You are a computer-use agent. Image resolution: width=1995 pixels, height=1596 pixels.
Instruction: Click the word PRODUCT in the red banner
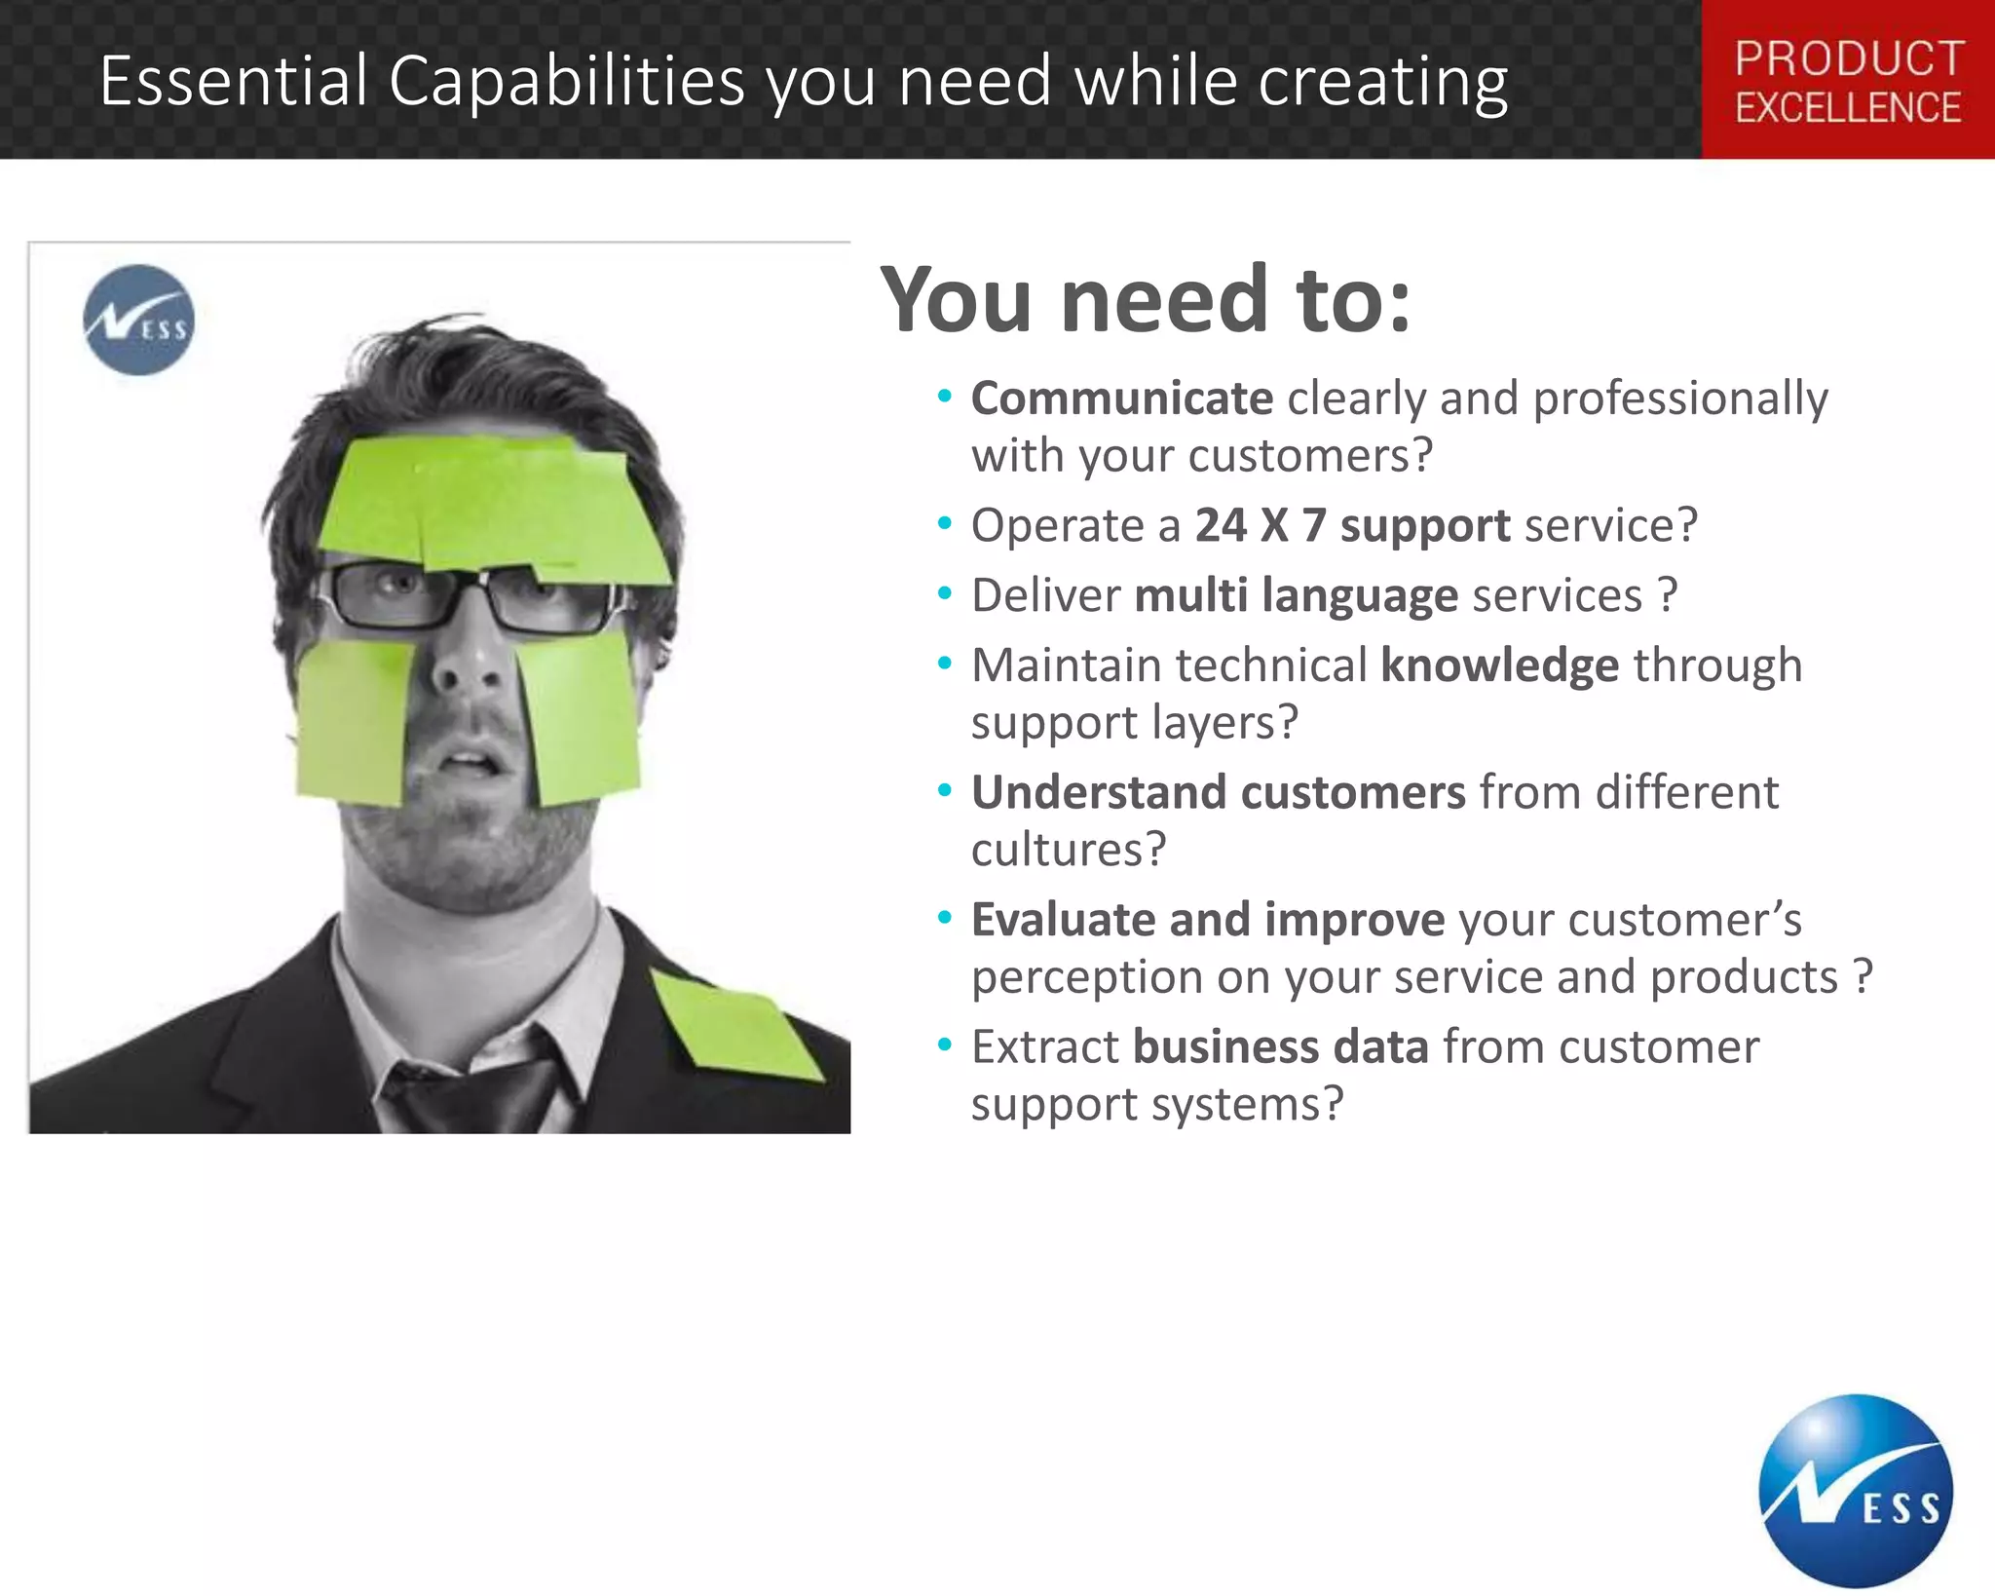pyautogui.click(x=1849, y=58)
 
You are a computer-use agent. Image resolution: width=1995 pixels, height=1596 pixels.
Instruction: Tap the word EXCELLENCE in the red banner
pyautogui.click(x=1848, y=108)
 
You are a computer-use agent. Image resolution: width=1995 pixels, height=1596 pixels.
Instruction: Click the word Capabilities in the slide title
pyautogui.click(x=567, y=81)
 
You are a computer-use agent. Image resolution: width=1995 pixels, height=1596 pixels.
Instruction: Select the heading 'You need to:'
pyautogui.click(x=1146, y=299)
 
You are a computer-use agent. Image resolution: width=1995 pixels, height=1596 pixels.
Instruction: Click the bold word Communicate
pyautogui.click(x=1122, y=399)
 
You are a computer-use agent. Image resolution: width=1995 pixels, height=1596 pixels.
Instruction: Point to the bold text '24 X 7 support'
pyautogui.click(x=1353, y=526)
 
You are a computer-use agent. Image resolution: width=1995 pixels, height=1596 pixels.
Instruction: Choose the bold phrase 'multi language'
pyautogui.click(x=1297, y=596)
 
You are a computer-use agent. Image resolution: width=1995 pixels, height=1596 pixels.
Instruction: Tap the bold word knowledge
pyautogui.click(x=1500, y=665)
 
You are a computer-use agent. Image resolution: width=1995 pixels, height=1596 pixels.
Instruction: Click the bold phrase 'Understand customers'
pyautogui.click(x=1218, y=792)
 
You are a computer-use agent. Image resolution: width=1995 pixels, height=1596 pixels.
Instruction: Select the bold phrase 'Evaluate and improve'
pyautogui.click(x=1208, y=920)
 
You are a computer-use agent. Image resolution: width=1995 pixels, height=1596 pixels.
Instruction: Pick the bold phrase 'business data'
pyautogui.click(x=1281, y=1047)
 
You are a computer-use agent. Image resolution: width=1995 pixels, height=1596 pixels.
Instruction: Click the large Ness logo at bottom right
pyautogui.click(x=1856, y=1491)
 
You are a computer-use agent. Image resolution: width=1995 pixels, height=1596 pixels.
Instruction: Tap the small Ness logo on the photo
pyautogui.click(x=138, y=320)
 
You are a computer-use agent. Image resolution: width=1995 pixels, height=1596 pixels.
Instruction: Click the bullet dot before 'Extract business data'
pyautogui.click(x=944, y=1045)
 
